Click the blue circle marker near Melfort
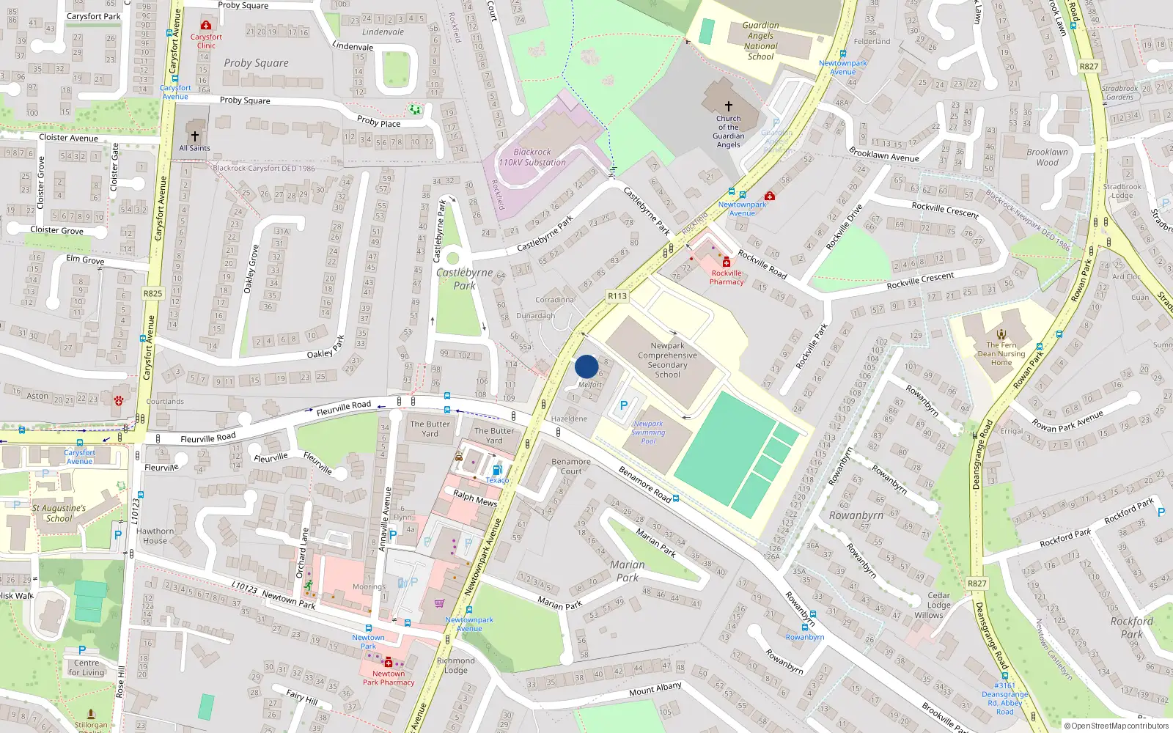pyautogui.click(x=586, y=366)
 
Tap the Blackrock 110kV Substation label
pyautogui.click(x=532, y=157)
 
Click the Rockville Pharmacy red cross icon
pyautogui.click(x=727, y=262)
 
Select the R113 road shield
pyautogui.click(x=617, y=296)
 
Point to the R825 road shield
pyautogui.click(x=152, y=293)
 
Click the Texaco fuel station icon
pyautogui.click(x=497, y=470)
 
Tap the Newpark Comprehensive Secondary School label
pyautogui.click(x=667, y=360)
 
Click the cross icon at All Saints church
pyautogui.click(x=194, y=136)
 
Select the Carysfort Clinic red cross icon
pyautogui.click(x=206, y=26)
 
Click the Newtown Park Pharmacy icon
pyautogui.click(x=389, y=663)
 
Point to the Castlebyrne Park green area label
pyautogui.click(x=464, y=279)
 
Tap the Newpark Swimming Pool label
pyautogui.click(x=648, y=432)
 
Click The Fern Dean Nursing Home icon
pyautogui.click(x=1001, y=335)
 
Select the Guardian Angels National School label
pyautogui.click(x=760, y=40)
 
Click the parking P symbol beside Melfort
pyautogui.click(x=624, y=405)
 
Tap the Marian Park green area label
pyautogui.click(x=628, y=571)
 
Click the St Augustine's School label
pyautogui.click(x=59, y=512)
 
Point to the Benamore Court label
pyautogui.click(x=571, y=466)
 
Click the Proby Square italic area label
pyautogui.click(x=256, y=63)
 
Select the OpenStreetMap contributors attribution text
pyautogui.click(x=1116, y=726)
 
